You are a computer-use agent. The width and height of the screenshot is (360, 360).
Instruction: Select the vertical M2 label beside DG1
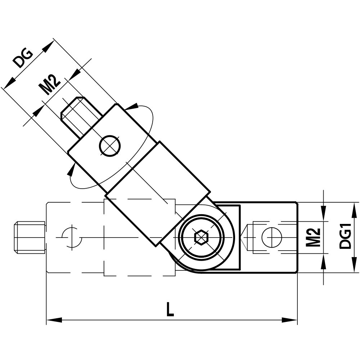point(314,237)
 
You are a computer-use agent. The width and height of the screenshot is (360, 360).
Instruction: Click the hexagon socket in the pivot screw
point(201,238)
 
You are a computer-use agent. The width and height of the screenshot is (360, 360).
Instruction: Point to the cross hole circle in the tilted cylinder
point(110,146)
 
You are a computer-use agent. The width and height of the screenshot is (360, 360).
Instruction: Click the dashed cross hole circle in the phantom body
point(72,238)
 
